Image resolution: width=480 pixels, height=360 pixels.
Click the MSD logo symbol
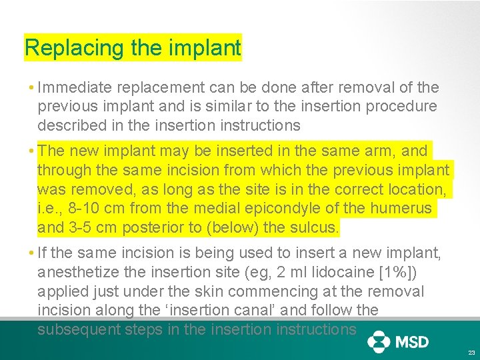tap(379, 342)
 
